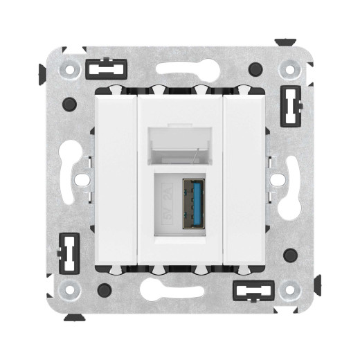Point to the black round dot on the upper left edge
click(x=69, y=104)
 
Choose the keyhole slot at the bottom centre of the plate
click(x=180, y=285)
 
